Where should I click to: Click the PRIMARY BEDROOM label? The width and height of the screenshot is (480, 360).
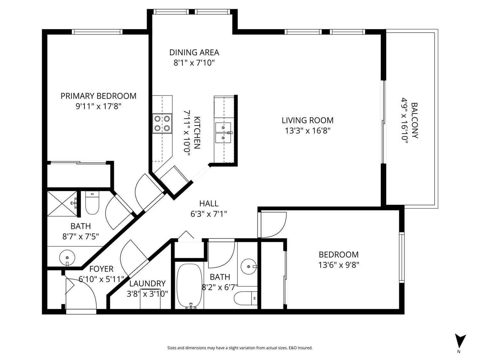click(x=99, y=96)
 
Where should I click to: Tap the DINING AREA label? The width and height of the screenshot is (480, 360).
click(x=194, y=52)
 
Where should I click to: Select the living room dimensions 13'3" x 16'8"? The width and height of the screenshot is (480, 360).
click(x=307, y=131)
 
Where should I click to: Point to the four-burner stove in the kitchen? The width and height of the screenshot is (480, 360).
click(x=162, y=124)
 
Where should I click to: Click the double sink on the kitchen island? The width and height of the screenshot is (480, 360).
click(x=223, y=133)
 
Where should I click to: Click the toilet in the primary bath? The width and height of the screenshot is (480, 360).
click(x=92, y=203)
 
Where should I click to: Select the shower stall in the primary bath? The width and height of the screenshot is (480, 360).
click(x=62, y=200)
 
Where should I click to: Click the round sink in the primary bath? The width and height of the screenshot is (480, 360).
click(x=67, y=258)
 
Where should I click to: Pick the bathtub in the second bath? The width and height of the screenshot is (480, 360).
click(x=189, y=286)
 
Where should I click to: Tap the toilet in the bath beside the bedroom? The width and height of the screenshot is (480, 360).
click(x=246, y=299)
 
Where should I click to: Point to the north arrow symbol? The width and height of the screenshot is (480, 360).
click(x=460, y=341)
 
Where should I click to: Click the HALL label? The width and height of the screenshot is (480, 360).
click(x=209, y=203)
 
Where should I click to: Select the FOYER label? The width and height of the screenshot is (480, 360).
click(x=101, y=269)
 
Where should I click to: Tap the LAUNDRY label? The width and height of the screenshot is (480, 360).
click(x=147, y=284)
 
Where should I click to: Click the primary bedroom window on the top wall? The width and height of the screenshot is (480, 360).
click(x=97, y=32)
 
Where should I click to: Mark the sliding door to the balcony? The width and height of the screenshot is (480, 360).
click(x=383, y=122)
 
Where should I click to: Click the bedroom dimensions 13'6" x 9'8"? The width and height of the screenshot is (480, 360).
click(x=339, y=265)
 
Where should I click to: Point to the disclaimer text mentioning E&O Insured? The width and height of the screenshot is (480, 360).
click(x=240, y=348)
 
